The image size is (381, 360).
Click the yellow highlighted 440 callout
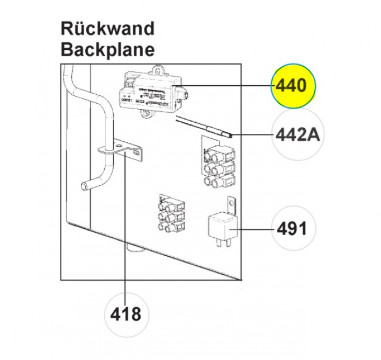(x=293, y=85)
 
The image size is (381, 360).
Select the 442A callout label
(x=298, y=135)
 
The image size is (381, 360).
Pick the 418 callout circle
(x=126, y=314)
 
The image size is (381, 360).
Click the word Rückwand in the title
(x=107, y=28)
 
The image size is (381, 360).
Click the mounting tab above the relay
(x=231, y=203)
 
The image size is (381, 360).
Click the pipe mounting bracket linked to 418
(x=122, y=149)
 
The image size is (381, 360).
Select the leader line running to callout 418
(x=125, y=238)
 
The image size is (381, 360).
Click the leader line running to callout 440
(x=233, y=85)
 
